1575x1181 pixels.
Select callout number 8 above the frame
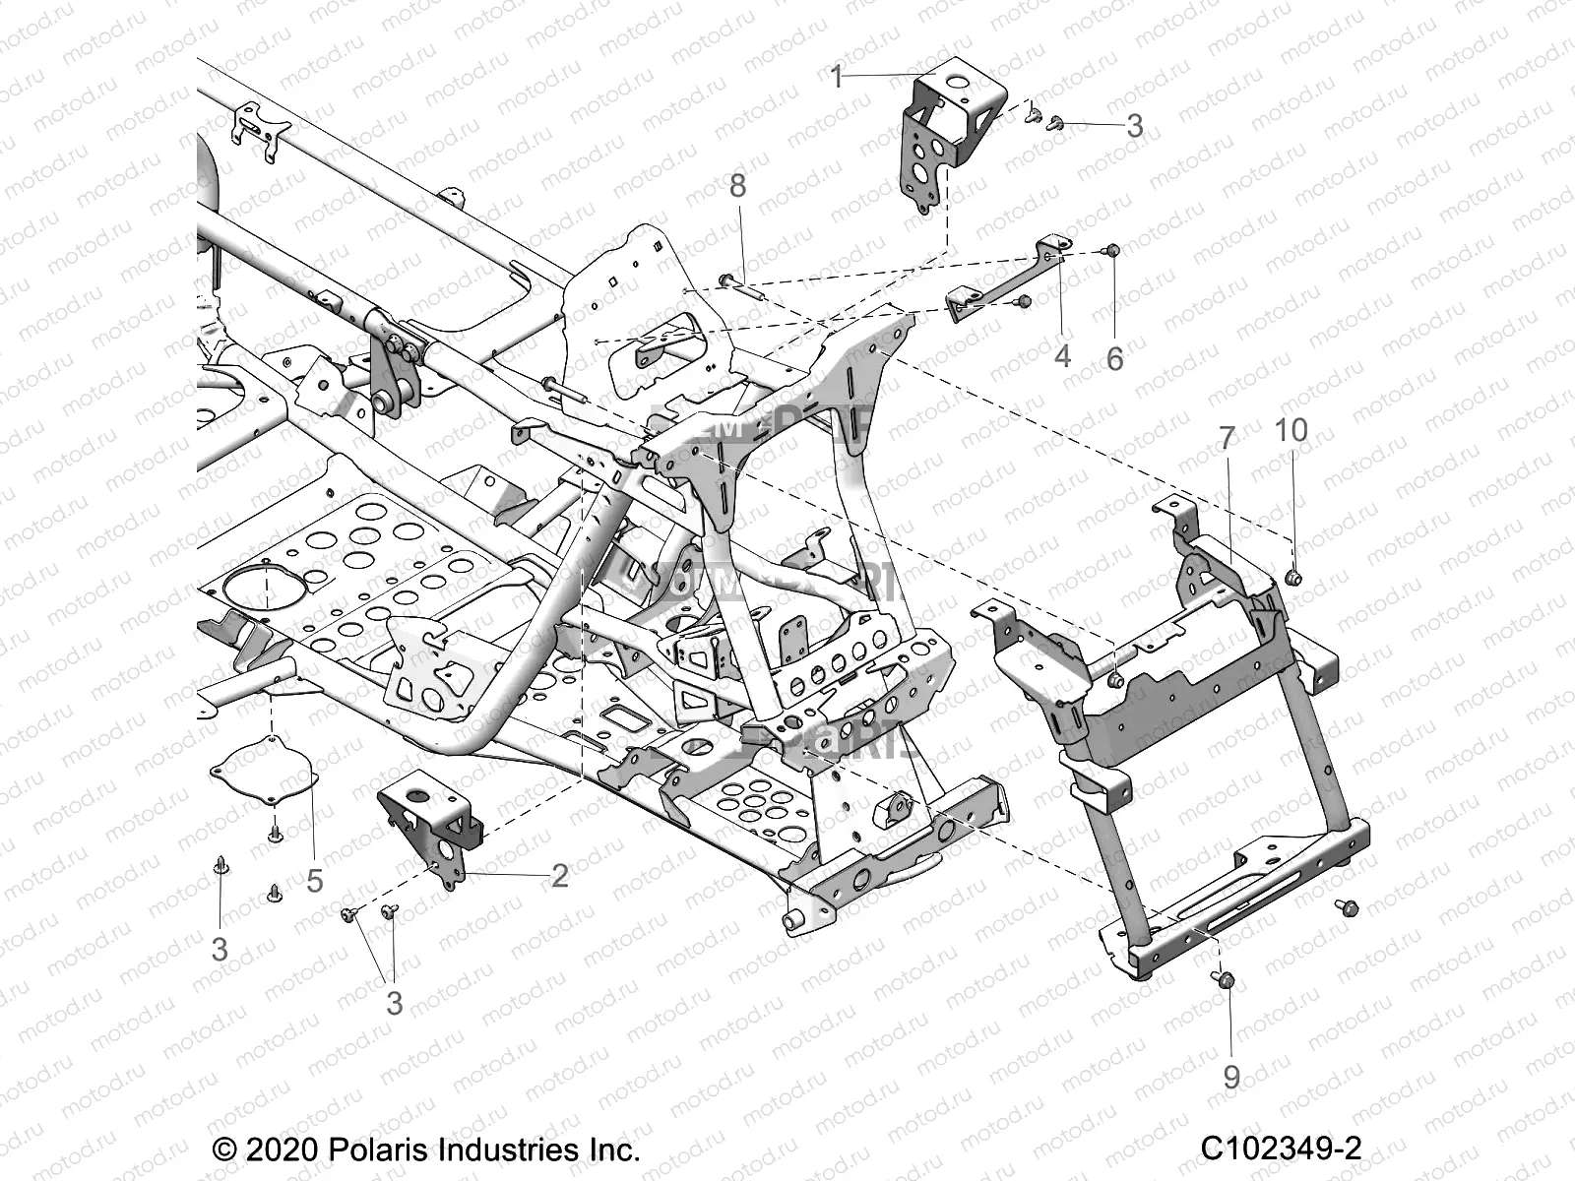coord(765,185)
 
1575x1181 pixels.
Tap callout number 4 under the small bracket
coord(1061,355)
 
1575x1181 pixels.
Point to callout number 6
coord(1114,359)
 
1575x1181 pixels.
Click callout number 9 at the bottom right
coord(1230,1078)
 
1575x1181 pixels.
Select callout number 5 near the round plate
coord(314,881)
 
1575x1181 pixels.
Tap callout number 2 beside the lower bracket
coord(559,875)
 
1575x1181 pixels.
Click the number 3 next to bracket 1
coord(1134,125)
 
